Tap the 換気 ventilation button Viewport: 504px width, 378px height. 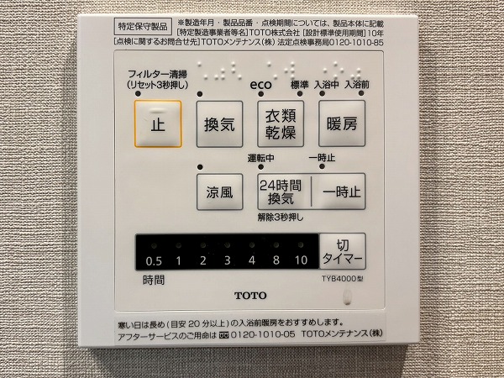point(219,124)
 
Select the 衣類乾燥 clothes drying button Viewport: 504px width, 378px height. point(281,123)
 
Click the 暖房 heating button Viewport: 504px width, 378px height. point(342,123)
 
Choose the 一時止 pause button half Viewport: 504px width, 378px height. point(339,192)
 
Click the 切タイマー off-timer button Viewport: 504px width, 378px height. point(343,251)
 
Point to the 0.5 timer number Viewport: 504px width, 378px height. point(154,261)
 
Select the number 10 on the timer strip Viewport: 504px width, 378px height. point(301,260)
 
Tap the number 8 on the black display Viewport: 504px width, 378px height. point(276,260)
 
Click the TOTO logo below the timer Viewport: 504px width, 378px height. point(250,296)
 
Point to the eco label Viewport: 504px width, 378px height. point(260,85)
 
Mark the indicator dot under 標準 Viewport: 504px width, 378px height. point(300,93)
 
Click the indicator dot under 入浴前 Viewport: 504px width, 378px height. point(361,93)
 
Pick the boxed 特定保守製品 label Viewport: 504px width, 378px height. point(143,26)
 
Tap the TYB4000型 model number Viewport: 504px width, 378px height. point(343,279)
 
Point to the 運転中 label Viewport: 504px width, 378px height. point(260,158)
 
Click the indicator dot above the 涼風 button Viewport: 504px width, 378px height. point(200,167)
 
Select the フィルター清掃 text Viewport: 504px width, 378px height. point(158,74)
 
